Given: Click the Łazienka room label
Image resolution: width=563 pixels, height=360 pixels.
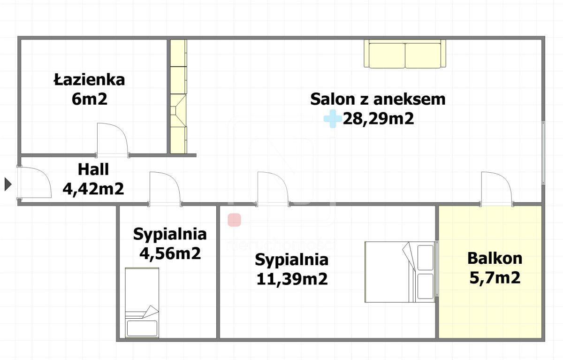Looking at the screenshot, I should point(89,80).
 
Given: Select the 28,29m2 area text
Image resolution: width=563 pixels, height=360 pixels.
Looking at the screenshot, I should point(378,119).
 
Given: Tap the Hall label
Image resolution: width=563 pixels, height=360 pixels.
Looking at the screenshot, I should point(93,169).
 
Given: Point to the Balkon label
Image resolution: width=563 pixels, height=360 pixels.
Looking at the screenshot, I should point(495,258).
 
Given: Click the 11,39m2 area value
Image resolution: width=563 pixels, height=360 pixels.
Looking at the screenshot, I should point(291,279).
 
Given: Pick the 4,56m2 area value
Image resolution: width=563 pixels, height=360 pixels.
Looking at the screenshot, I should point(170,253).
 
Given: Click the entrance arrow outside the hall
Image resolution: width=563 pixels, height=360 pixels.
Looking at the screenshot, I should point(8,184).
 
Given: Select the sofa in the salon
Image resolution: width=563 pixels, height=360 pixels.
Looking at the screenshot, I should point(405,54).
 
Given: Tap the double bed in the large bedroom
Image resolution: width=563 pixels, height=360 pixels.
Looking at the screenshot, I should point(400,272).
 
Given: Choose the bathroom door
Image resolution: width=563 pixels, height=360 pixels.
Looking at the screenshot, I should point(113,140).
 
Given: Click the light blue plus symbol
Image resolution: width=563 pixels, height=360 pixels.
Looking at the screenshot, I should point(332,119).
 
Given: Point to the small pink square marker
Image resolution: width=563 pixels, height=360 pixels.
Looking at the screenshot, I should point(234,220).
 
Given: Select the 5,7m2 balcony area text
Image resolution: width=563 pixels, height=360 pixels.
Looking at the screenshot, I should point(495,278).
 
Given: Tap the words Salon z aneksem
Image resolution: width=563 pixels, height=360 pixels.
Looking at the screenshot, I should point(378,99).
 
